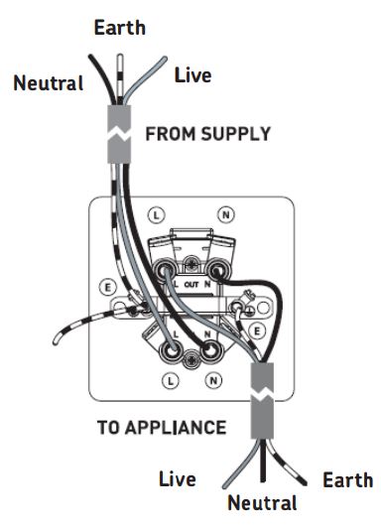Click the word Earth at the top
point(120,27)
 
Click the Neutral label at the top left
point(48,83)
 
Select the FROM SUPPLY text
point(207,134)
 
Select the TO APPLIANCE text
point(161,428)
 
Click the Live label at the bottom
point(179,480)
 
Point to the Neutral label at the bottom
point(262,503)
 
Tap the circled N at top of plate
point(226,213)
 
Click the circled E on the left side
point(106,286)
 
